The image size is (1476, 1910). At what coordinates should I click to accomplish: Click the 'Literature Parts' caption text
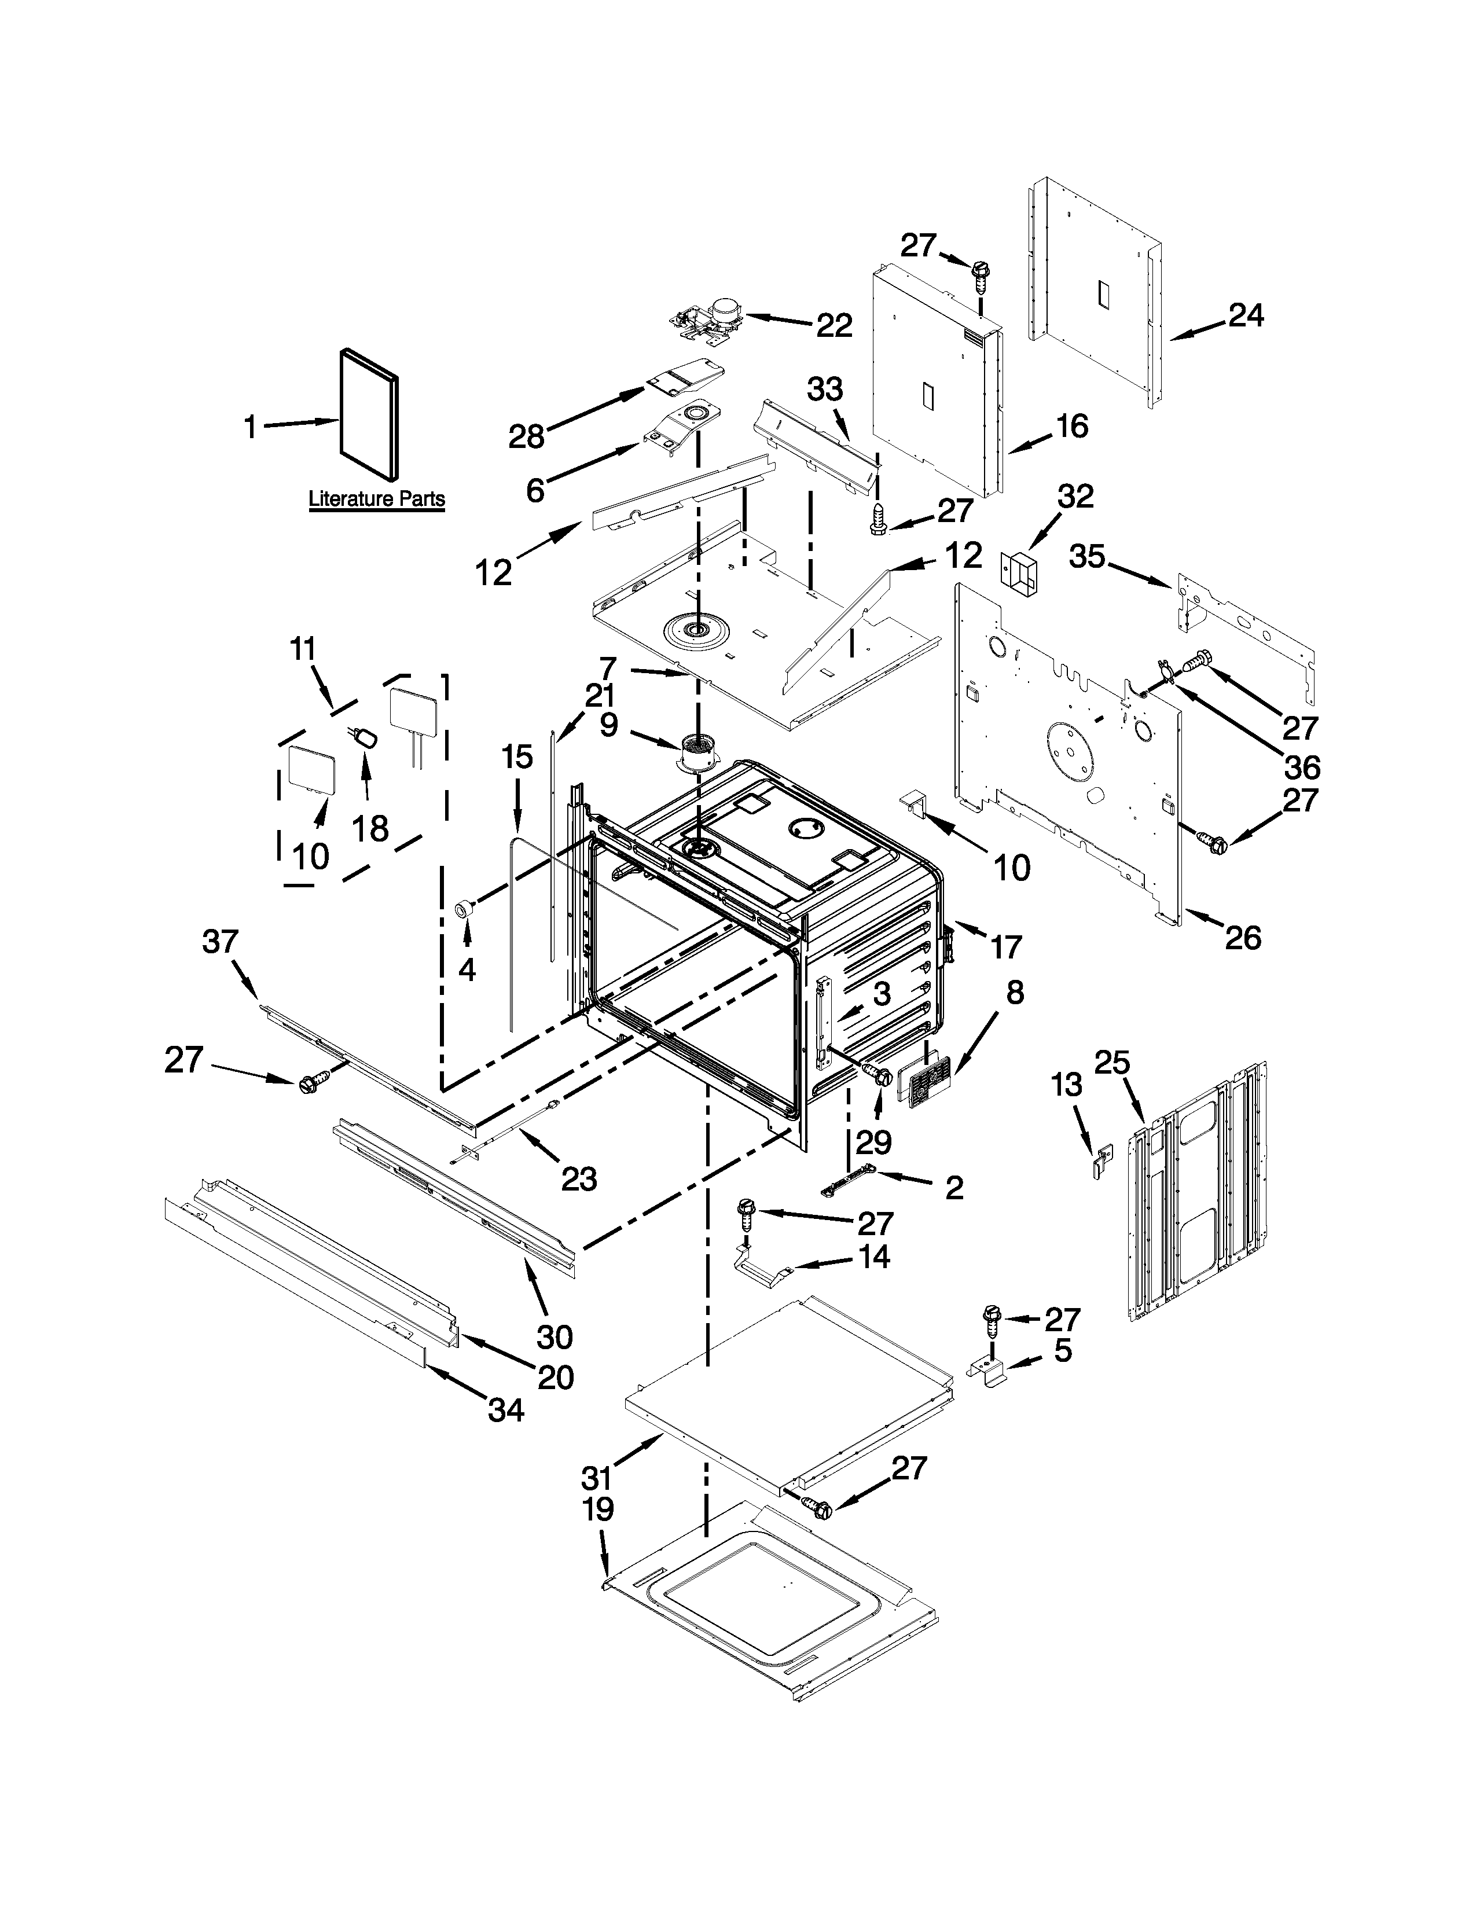pyautogui.click(x=377, y=499)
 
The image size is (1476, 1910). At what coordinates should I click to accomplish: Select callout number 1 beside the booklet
pyautogui.click(x=251, y=428)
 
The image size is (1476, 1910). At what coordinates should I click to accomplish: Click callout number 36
pyautogui.click(x=1301, y=767)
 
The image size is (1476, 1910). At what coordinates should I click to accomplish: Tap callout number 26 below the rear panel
pyautogui.click(x=1243, y=938)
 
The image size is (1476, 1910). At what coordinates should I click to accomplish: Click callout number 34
pyautogui.click(x=505, y=1410)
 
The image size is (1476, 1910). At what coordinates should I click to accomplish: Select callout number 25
pyautogui.click(x=1112, y=1063)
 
